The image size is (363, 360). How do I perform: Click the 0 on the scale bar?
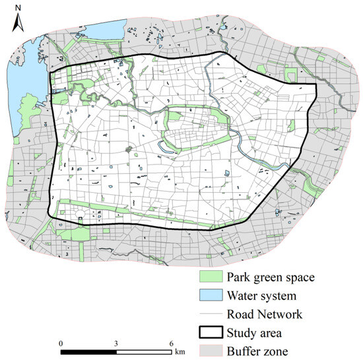(60, 343)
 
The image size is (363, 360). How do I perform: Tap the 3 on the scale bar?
(115, 343)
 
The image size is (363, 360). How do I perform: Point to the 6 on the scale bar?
(171, 343)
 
